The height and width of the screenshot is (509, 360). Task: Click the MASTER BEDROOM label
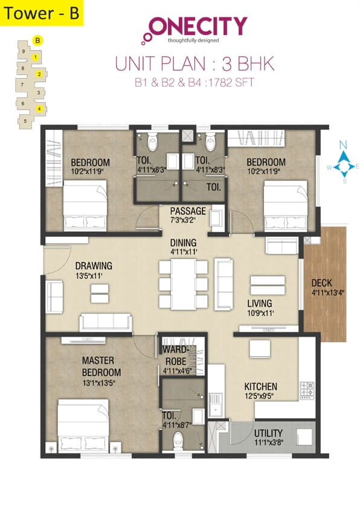click(x=101, y=366)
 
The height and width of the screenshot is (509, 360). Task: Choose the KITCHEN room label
click(x=260, y=386)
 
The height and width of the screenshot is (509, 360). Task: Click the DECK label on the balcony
click(x=321, y=282)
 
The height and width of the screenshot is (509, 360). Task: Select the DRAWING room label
click(x=93, y=265)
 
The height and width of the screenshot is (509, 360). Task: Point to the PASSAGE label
click(x=187, y=211)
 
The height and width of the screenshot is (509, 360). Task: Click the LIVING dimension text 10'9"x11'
click(x=260, y=313)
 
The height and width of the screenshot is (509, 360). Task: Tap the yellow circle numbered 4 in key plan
click(x=39, y=109)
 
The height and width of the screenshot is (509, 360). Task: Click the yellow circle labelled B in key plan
click(x=38, y=41)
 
